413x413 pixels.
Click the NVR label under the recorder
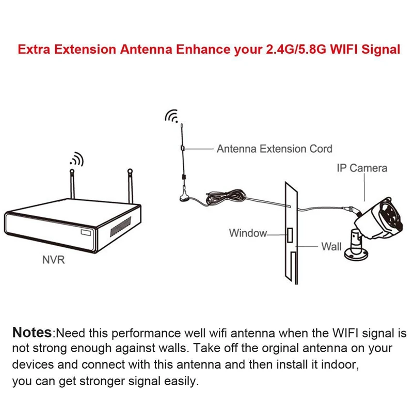(x=53, y=260)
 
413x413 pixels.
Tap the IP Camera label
(x=361, y=168)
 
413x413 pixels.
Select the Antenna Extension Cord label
(x=274, y=149)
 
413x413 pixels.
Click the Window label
(x=248, y=233)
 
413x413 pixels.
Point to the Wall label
(x=331, y=246)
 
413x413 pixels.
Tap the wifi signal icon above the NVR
(x=76, y=159)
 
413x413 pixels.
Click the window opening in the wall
(x=290, y=237)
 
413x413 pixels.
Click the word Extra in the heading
(x=36, y=50)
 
